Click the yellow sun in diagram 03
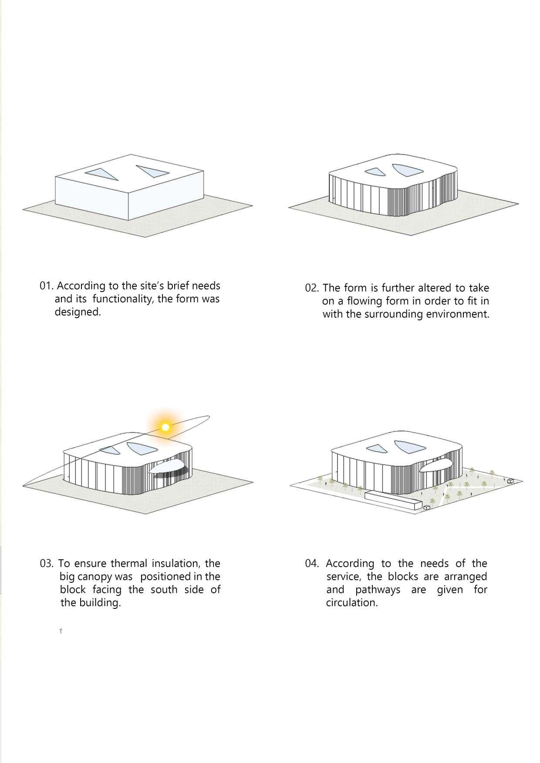coord(165,427)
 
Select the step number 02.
coord(312,288)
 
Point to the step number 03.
coord(47,564)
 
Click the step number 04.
coord(312,564)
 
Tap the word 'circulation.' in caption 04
coord(352,603)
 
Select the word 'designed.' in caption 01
coord(78,312)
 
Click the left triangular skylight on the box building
coord(102,174)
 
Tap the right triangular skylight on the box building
coord(152,171)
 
